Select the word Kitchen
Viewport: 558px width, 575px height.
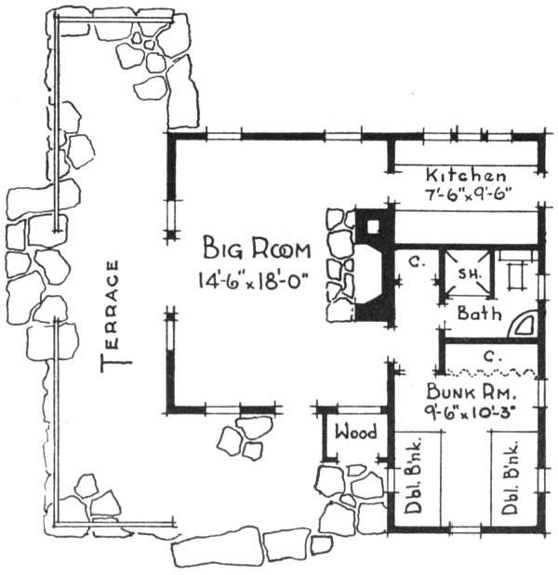pyautogui.click(x=465, y=176)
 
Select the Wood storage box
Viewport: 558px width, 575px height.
pyautogui.click(x=354, y=433)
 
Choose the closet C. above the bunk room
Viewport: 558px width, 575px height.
pyautogui.click(x=487, y=354)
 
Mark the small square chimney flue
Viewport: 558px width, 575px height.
pyautogui.click(x=373, y=224)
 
